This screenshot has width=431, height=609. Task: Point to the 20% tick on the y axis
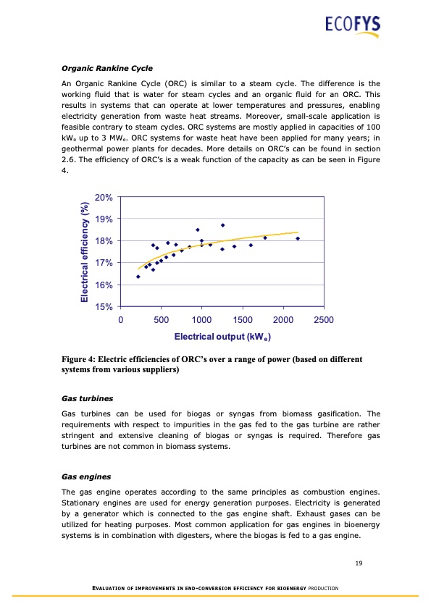(x=104, y=197)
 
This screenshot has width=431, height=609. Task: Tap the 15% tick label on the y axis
(x=104, y=307)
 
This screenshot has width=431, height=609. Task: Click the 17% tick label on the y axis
(x=104, y=263)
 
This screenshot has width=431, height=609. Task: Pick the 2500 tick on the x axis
(x=324, y=320)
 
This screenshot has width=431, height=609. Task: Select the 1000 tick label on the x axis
(x=201, y=320)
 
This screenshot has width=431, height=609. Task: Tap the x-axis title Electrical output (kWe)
(x=222, y=337)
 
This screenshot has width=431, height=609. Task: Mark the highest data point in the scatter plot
(x=222, y=225)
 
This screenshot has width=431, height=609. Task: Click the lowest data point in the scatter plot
(x=138, y=277)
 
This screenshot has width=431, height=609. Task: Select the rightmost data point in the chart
(x=298, y=238)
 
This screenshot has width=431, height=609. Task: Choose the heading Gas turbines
(x=86, y=399)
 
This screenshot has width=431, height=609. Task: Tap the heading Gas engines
(x=85, y=478)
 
